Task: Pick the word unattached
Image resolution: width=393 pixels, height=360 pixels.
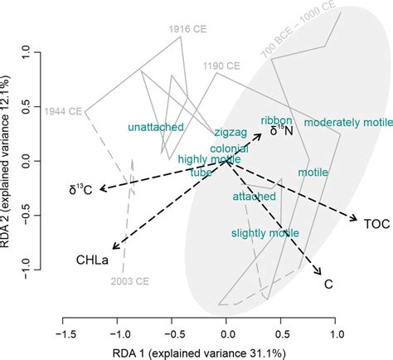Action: (154, 127)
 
